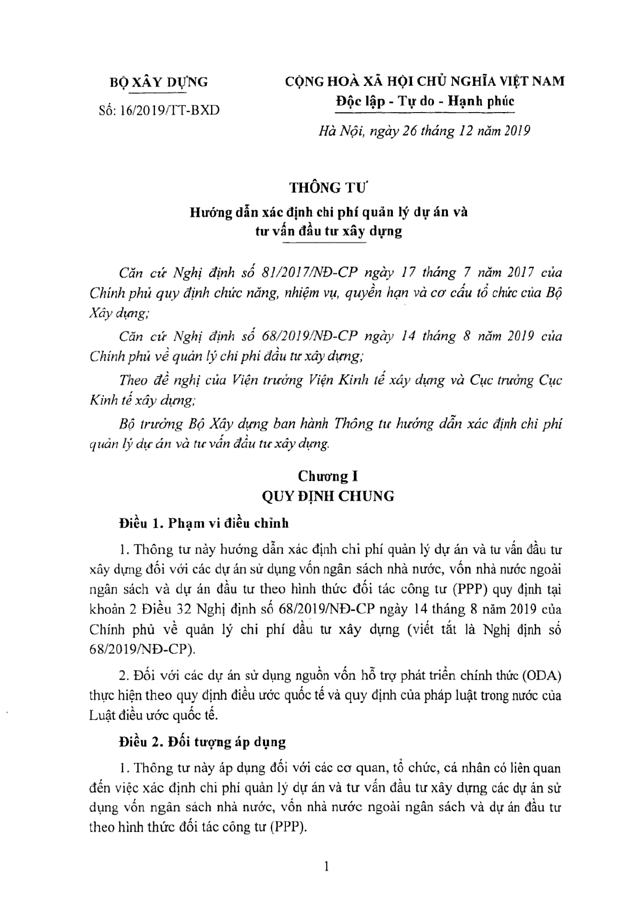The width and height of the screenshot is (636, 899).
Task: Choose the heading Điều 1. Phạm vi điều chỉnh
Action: (x=204, y=523)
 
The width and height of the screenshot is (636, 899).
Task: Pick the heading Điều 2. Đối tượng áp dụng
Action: (x=203, y=742)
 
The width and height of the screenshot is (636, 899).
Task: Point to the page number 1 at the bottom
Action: (x=327, y=869)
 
